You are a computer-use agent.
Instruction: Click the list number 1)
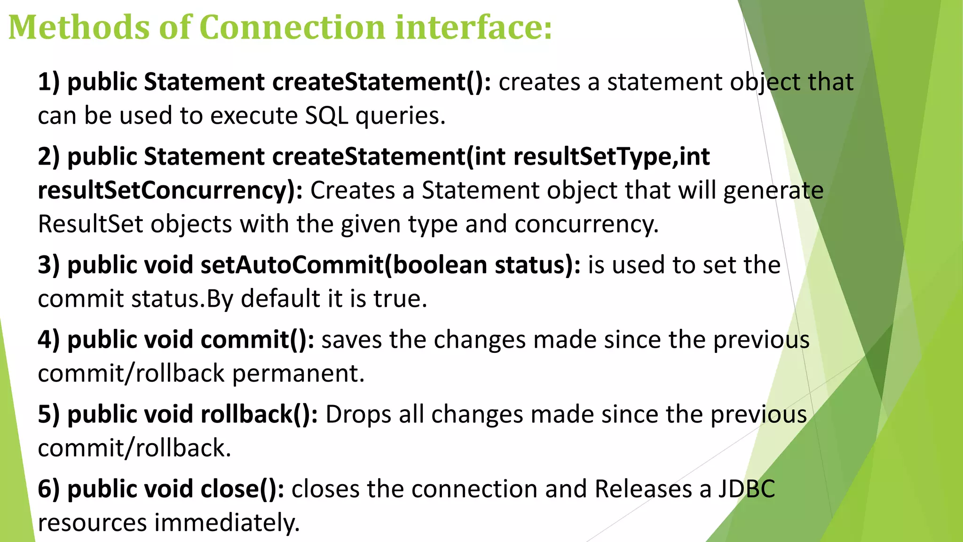tap(49, 82)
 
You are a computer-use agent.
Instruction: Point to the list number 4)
tap(49, 340)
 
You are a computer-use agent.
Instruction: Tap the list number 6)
tap(49, 489)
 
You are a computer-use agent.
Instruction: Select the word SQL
tap(326, 116)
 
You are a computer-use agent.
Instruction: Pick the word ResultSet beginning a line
tap(90, 224)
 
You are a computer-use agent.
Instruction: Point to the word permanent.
tap(298, 374)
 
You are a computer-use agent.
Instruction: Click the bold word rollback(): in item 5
tap(259, 414)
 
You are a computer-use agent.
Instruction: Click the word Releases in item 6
tap(643, 489)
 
